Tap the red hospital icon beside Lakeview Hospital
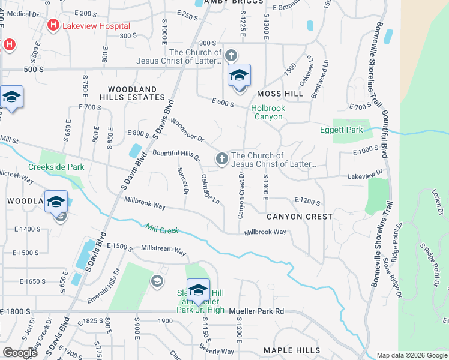(x=53, y=25)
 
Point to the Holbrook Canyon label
(x=267, y=112)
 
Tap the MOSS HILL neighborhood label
(x=280, y=94)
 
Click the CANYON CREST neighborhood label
(x=299, y=216)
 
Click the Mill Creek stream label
(x=162, y=229)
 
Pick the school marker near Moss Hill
(x=239, y=77)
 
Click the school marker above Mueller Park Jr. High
(x=198, y=291)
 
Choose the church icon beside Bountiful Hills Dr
(x=221, y=158)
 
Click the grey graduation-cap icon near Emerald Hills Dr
(x=157, y=281)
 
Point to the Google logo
(x=20, y=353)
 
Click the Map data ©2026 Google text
(x=412, y=355)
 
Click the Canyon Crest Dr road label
(x=241, y=196)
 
